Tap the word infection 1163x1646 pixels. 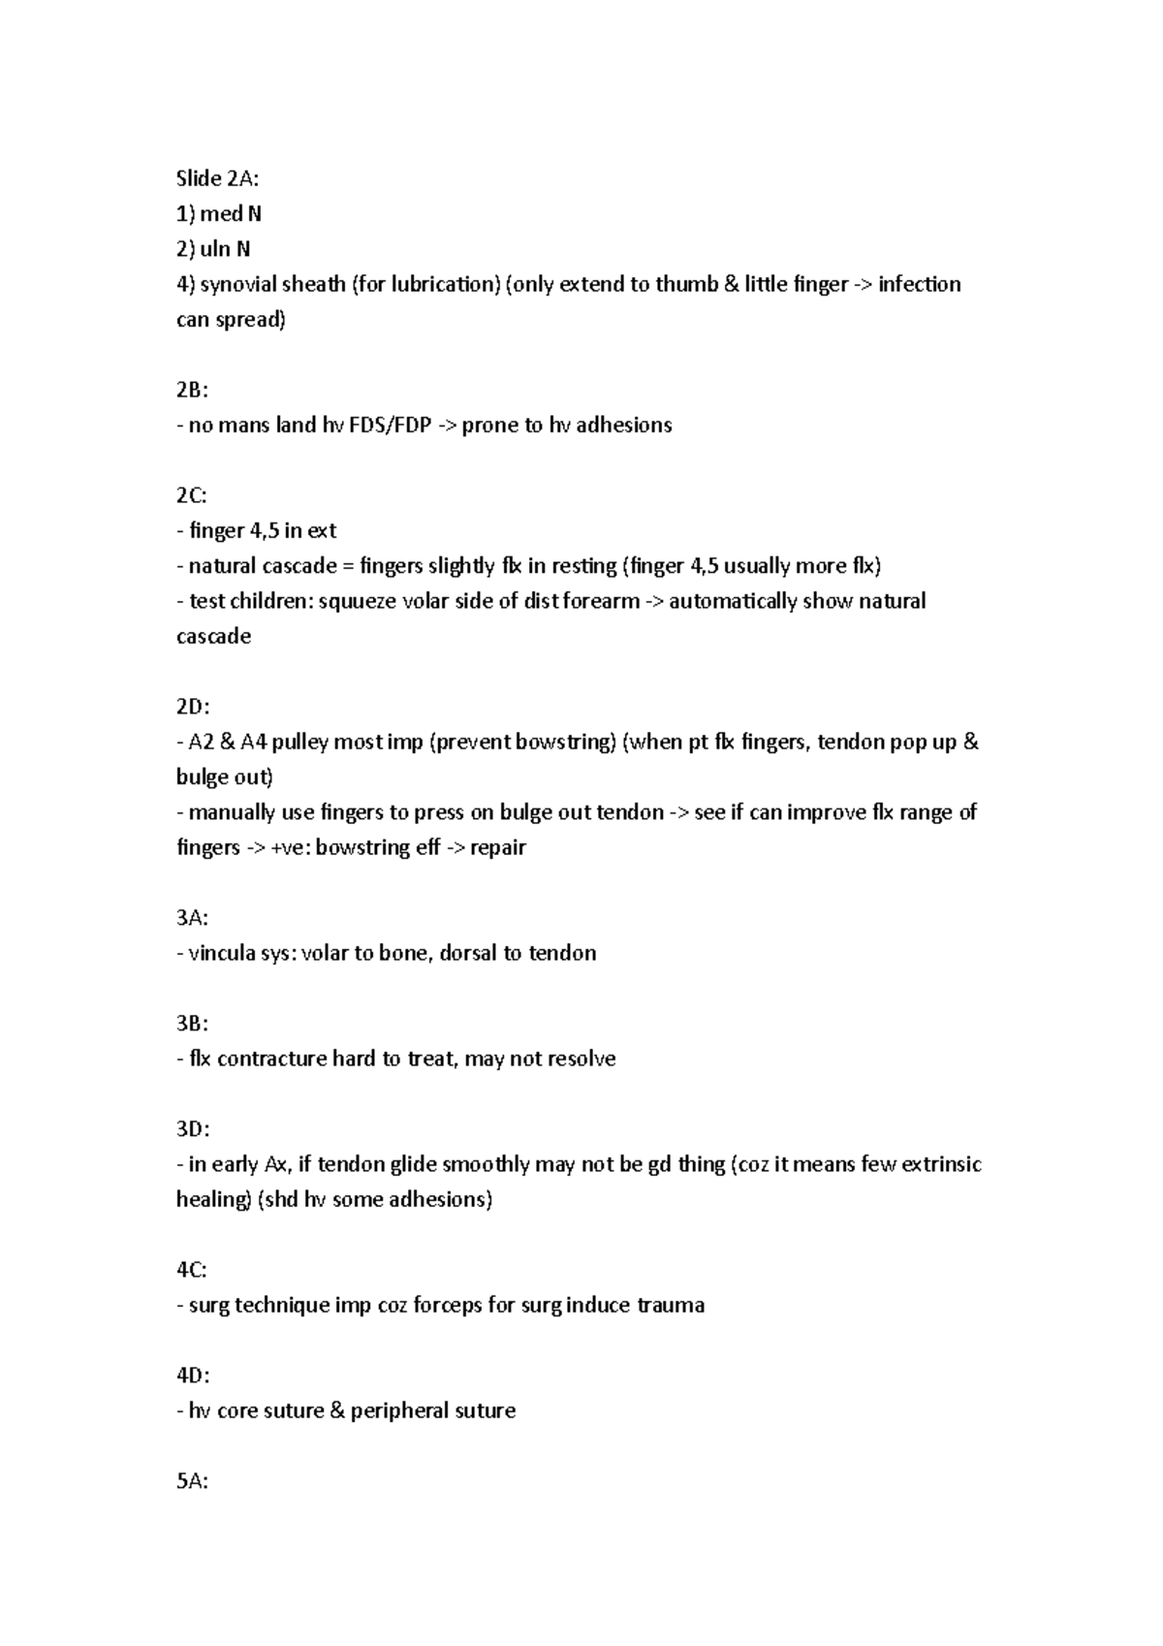click(919, 284)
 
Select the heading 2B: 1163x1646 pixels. click(192, 390)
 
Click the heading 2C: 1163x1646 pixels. click(192, 495)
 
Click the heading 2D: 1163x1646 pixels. click(192, 707)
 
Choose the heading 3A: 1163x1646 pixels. click(192, 918)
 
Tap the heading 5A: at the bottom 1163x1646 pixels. click(192, 1481)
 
